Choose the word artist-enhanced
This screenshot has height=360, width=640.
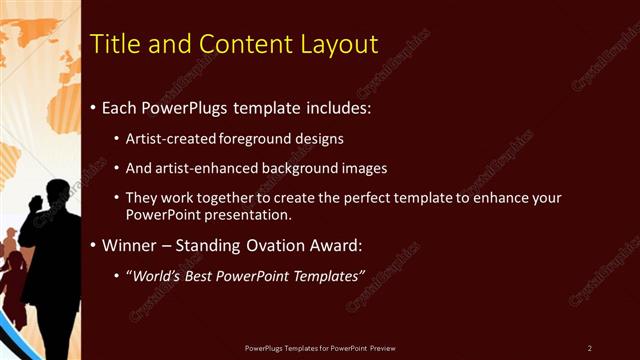click(197, 169)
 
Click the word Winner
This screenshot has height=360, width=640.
click(128, 245)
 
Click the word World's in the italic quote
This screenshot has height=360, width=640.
click(158, 275)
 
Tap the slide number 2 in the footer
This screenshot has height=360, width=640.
click(590, 348)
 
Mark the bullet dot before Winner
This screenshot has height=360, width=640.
click(93, 245)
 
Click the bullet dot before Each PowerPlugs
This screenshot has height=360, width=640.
click(93, 107)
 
